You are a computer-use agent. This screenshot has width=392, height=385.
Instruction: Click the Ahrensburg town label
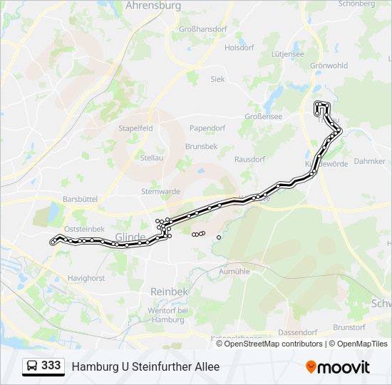click(153, 6)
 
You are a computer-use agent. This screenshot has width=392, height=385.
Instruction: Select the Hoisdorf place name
click(239, 48)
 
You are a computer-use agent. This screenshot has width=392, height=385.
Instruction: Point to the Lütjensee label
click(288, 53)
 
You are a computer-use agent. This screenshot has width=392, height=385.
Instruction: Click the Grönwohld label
click(329, 65)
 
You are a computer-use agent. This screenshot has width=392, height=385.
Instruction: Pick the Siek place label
click(217, 79)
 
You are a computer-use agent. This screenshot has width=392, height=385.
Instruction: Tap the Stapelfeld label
click(135, 128)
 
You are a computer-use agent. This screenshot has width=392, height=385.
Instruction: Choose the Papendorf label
click(207, 128)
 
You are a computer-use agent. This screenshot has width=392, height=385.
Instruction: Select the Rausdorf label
click(249, 159)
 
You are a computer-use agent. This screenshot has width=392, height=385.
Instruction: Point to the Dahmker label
click(369, 161)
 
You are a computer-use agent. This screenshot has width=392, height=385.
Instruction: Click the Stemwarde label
click(160, 191)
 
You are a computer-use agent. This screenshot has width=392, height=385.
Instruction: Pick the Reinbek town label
click(168, 292)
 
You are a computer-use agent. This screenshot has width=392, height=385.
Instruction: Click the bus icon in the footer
click(32, 366)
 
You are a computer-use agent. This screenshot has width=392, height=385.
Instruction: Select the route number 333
click(51, 366)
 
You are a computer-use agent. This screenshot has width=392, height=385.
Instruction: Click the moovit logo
click(338, 367)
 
